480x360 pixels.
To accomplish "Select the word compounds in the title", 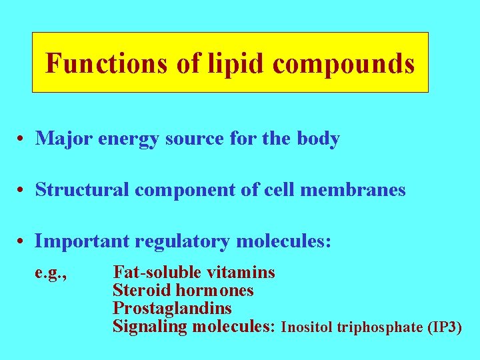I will (x=343, y=64).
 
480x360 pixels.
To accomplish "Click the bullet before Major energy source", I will (x=22, y=139).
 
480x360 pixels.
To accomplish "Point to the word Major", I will (x=64, y=139).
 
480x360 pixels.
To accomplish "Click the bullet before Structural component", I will (x=22, y=191).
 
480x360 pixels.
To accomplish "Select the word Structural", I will (x=83, y=190).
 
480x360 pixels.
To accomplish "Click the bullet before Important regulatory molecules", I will (x=22, y=241).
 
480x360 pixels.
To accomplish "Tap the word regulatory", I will (x=180, y=241).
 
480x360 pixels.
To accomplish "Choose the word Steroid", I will (x=141, y=290).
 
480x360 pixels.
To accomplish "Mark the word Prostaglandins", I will (x=172, y=308).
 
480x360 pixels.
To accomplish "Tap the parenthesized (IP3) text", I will (x=443, y=327).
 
